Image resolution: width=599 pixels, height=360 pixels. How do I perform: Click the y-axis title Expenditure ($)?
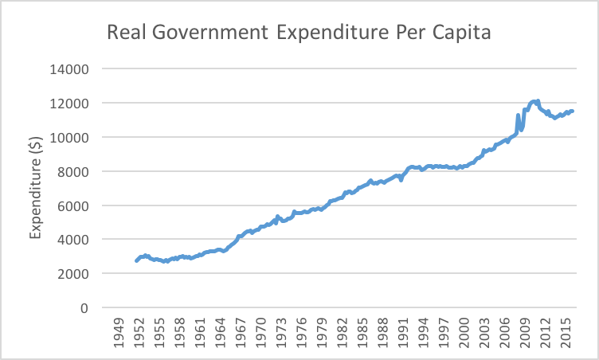(x=36, y=188)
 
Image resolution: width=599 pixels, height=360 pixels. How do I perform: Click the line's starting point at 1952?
(x=136, y=260)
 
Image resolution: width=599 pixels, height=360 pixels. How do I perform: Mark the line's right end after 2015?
(x=572, y=111)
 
